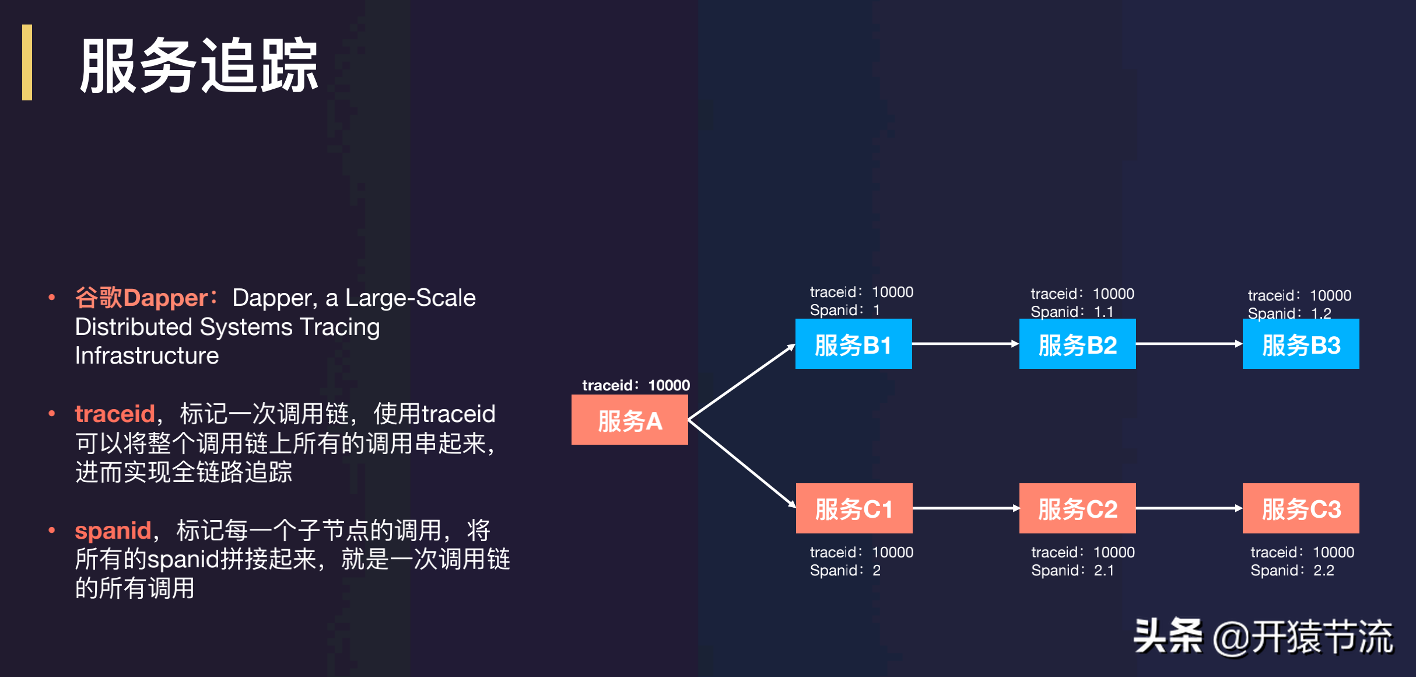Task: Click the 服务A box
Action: coord(629,420)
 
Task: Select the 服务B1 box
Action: coord(853,344)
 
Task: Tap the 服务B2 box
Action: coord(1077,344)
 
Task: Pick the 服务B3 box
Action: coord(1301,344)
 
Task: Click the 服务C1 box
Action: coord(854,508)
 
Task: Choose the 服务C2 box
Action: coord(1077,508)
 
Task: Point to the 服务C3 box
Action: coord(1301,508)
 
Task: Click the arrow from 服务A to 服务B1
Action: coord(742,382)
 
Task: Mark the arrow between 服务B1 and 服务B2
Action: coord(965,344)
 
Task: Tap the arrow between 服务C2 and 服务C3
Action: coord(1189,508)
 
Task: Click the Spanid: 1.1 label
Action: coord(1072,312)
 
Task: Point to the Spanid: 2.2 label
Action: coord(1292,570)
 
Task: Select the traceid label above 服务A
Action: coord(636,385)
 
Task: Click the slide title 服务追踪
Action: coord(198,65)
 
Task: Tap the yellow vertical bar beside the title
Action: coord(27,62)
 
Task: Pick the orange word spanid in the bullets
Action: coord(113,531)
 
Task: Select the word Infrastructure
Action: coord(147,355)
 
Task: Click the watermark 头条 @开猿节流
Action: coord(1263,637)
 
